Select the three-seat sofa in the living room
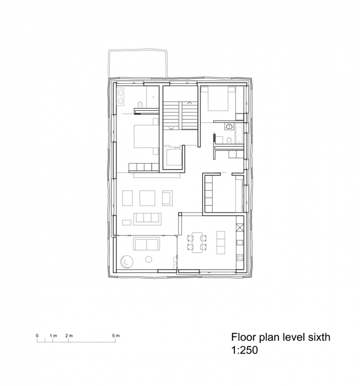(147, 217)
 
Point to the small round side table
(148, 259)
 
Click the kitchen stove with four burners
(239, 255)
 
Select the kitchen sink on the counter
(239, 240)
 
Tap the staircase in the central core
(181, 116)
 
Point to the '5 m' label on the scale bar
(116, 335)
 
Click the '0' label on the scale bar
(37, 335)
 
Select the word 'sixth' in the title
(316, 337)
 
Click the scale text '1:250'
(245, 350)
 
